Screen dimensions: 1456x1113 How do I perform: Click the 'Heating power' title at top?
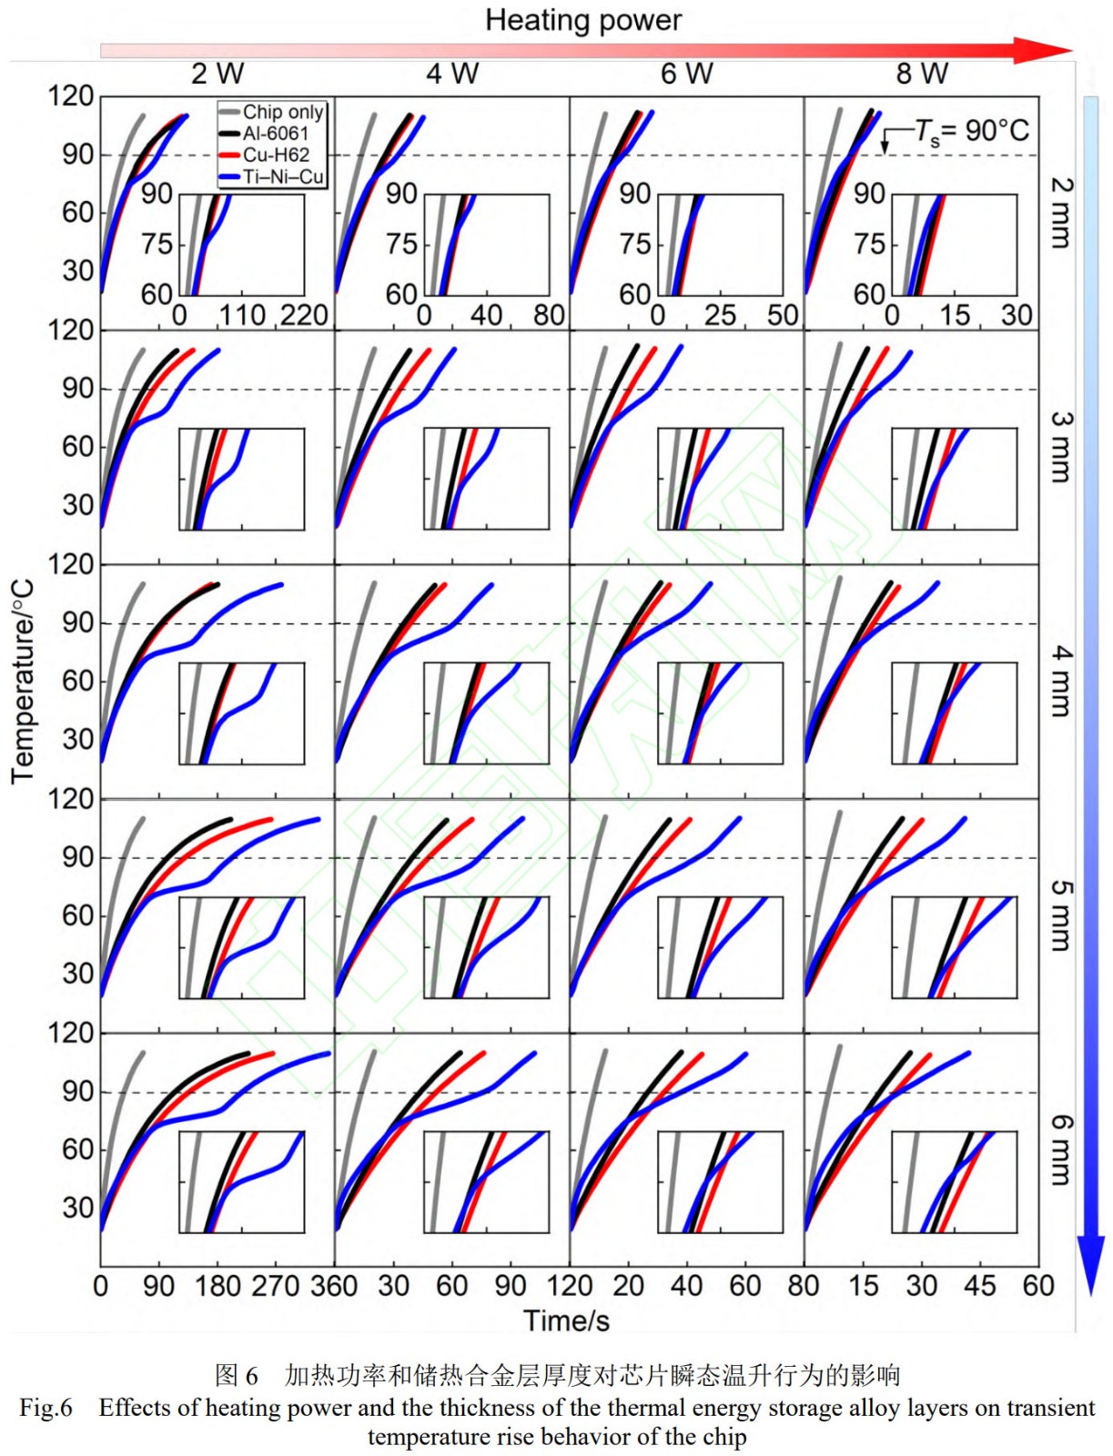coord(582,20)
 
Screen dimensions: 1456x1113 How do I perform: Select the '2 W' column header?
coord(217,74)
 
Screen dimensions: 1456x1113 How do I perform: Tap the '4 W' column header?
coord(452,74)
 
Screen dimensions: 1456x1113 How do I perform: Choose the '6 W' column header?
coord(686,74)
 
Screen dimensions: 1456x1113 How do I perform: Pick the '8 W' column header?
coord(921,74)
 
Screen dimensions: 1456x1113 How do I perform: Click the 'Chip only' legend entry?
coord(282,112)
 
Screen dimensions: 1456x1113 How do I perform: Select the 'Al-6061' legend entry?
coord(275,133)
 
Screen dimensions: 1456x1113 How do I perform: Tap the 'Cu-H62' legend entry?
coord(275,155)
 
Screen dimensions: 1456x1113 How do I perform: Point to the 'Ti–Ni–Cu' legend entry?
coord(282,177)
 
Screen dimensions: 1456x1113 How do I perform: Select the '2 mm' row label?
coord(1061,213)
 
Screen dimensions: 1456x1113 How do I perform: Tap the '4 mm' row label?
coord(1061,682)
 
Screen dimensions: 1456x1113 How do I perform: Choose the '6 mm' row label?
coord(1061,1150)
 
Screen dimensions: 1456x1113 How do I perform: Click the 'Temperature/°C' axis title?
coord(23,682)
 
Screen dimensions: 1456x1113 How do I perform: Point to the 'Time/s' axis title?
coord(566,1320)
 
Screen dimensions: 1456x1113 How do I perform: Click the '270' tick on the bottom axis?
coord(275,1286)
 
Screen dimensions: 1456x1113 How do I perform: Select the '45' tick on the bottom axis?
coord(979,1286)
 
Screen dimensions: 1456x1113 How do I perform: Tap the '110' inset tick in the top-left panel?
coord(242,316)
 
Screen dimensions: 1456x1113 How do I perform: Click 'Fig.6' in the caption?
coord(46,1408)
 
